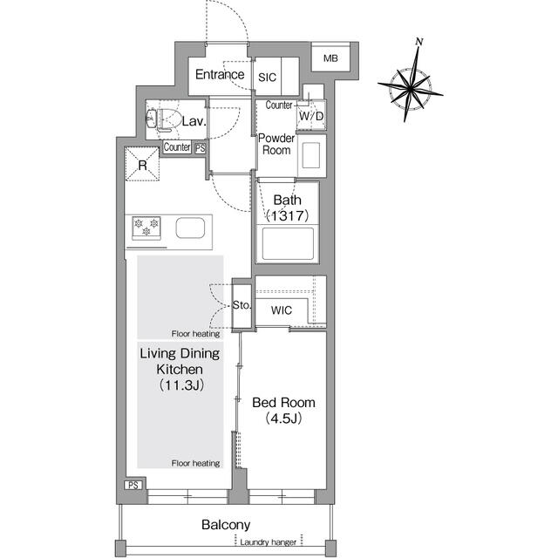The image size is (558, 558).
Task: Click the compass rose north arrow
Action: click(411, 80)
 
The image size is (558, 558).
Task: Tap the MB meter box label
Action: click(330, 58)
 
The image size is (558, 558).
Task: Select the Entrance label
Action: click(220, 74)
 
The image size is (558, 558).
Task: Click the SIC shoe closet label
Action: click(267, 78)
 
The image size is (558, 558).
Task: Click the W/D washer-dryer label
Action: click(311, 116)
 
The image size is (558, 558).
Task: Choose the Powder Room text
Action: click(276, 144)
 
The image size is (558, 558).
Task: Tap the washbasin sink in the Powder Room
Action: click(312, 155)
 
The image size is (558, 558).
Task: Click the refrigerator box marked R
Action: click(142, 165)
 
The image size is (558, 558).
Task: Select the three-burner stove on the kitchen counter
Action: click(146, 228)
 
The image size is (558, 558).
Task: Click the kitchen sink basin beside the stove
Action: click(190, 228)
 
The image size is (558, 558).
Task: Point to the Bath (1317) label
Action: click(287, 208)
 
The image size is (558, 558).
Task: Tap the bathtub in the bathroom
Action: click(288, 244)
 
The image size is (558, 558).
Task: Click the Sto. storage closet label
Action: click(242, 305)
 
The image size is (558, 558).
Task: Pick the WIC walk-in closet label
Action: click(281, 310)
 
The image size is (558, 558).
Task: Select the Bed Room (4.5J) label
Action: click(283, 411)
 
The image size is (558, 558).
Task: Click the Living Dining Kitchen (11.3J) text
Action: click(180, 369)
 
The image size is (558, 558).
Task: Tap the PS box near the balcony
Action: click(133, 485)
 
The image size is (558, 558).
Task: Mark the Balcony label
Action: click(226, 525)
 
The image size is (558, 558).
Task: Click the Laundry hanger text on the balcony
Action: click(268, 542)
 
